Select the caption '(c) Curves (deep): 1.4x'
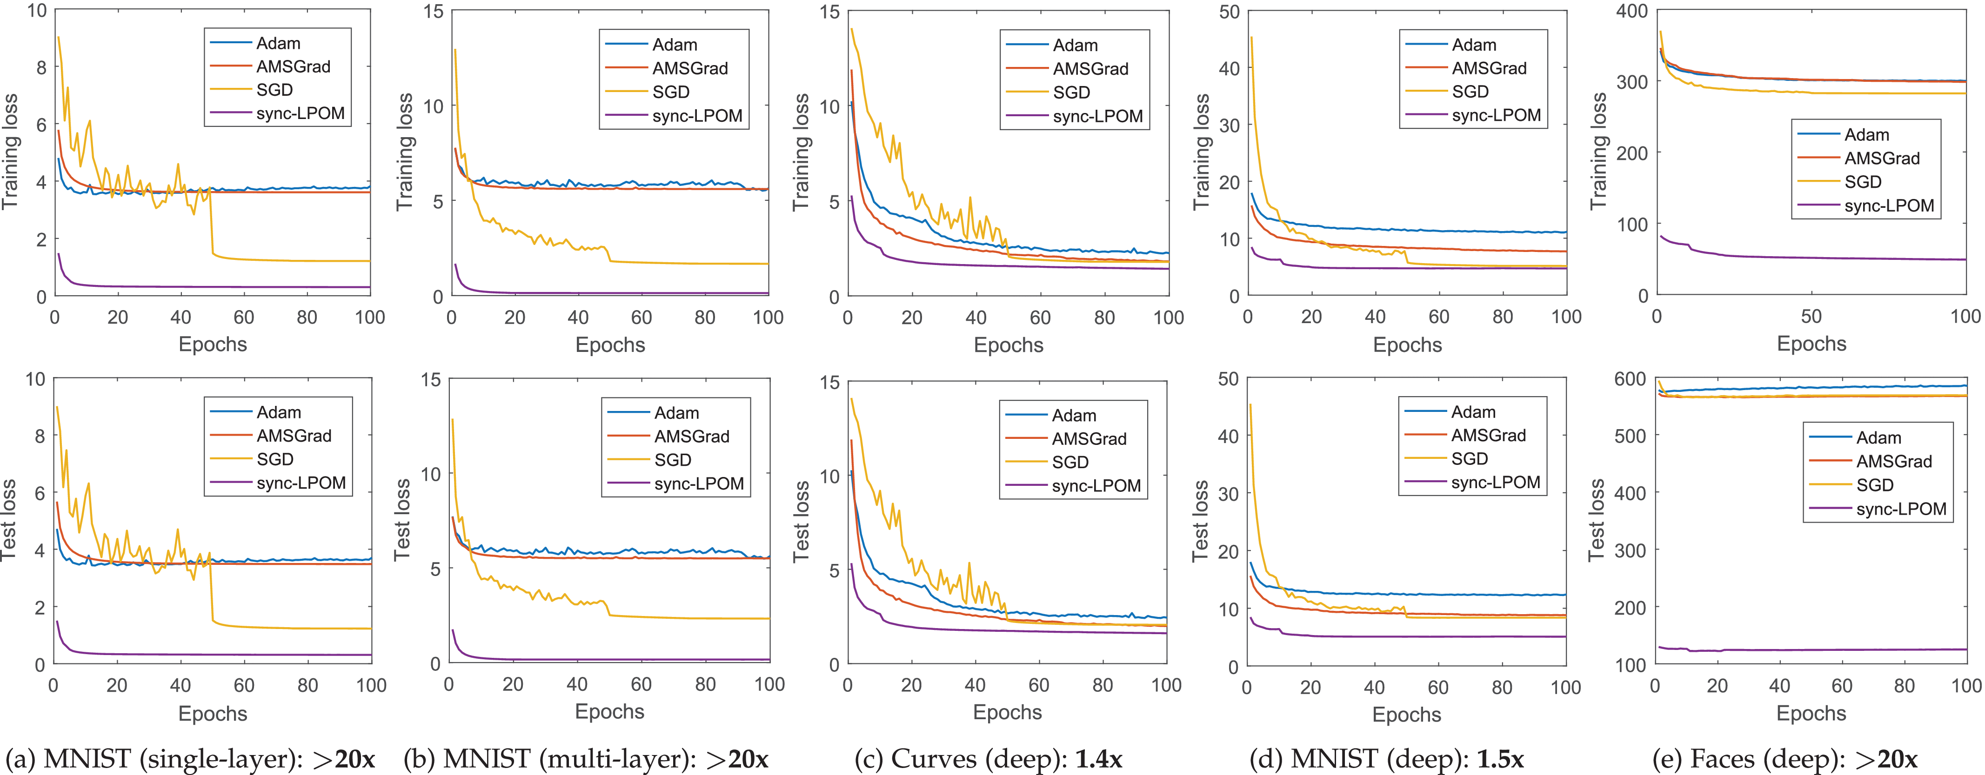(x=988, y=759)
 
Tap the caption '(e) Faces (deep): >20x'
(x=1784, y=759)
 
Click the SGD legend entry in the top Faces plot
(x=1863, y=182)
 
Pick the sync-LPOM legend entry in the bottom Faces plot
(x=1901, y=509)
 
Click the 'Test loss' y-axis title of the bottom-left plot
(x=9, y=520)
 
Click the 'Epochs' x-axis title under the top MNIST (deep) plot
(x=1407, y=344)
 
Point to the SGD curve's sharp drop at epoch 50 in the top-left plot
(x=211, y=224)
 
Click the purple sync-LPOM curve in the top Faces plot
(x=1811, y=257)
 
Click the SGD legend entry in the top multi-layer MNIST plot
(x=670, y=92)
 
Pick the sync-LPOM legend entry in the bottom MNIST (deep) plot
(x=1495, y=482)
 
